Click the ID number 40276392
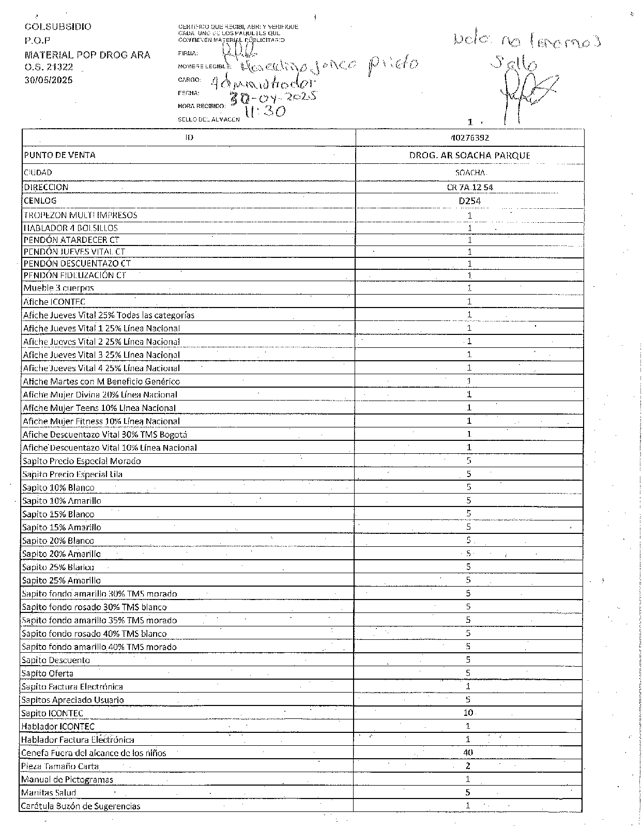(469, 138)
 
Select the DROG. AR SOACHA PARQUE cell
(469, 155)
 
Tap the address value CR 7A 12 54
(469, 187)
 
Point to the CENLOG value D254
(469, 201)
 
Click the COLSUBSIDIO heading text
(58, 26)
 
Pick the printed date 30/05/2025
(49, 80)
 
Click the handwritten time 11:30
(264, 111)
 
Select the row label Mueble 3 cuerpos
(58, 288)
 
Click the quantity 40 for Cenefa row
(468, 753)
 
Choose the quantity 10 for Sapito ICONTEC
(468, 713)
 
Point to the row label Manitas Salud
(49, 792)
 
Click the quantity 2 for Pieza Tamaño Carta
(468, 766)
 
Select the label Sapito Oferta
(47, 673)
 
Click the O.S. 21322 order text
(49, 67)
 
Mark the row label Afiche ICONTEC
(54, 302)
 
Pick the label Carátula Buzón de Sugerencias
(81, 806)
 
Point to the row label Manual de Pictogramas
(67, 779)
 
